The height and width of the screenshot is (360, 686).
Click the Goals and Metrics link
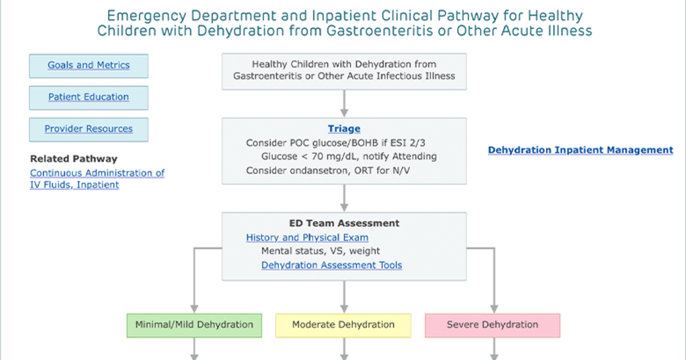(x=89, y=65)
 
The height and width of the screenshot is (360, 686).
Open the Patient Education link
(x=89, y=97)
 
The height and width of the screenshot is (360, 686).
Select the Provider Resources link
(x=89, y=129)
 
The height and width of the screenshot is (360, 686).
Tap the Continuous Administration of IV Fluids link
(x=97, y=179)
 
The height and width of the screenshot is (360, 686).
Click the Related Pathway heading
(x=74, y=159)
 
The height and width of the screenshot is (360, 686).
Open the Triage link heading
(x=344, y=129)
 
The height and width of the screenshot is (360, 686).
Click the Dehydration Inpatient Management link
(x=580, y=150)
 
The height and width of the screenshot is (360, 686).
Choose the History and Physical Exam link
(x=307, y=238)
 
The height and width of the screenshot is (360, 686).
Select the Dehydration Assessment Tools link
(x=332, y=265)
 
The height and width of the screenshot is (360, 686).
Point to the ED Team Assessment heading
(x=344, y=223)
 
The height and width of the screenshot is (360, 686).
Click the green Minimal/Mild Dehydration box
(x=194, y=325)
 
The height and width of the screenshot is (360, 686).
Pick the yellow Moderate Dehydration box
(x=344, y=325)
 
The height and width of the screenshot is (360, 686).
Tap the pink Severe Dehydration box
(x=492, y=325)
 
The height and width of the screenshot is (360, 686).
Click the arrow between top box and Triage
(x=344, y=103)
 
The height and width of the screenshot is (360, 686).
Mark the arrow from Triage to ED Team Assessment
(x=344, y=198)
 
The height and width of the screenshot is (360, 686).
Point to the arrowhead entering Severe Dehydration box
(x=494, y=309)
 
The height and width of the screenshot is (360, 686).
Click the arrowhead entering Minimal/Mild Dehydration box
(x=194, y=309)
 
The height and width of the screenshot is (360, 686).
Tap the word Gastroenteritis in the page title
(x=379, y=31)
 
